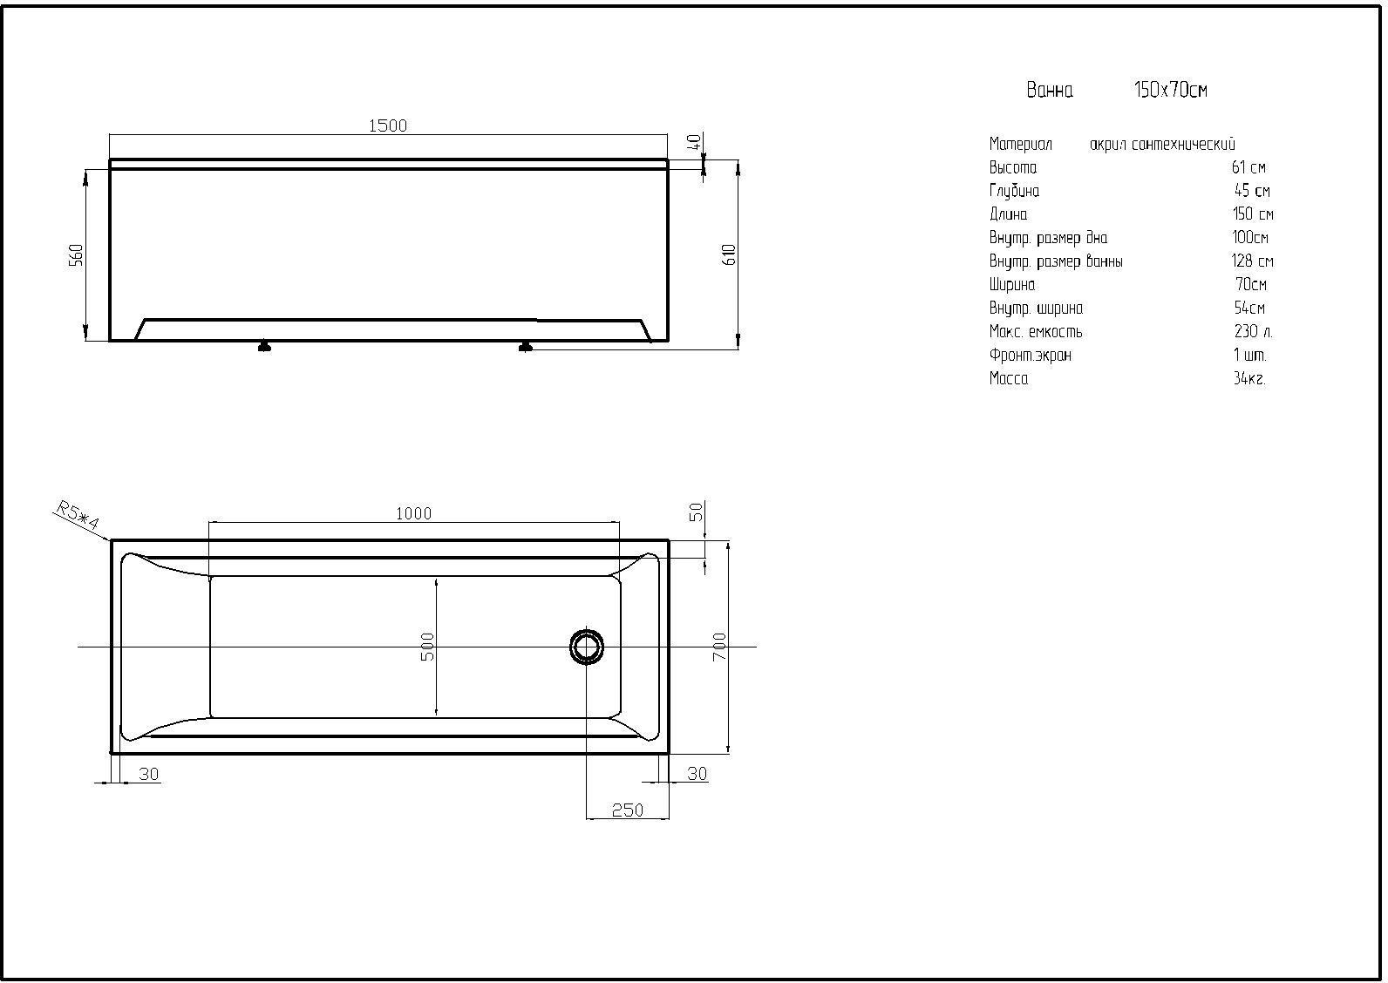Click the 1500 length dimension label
(x=388, y=125)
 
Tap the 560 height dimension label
(x=76, y=255)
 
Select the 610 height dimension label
(x=730, y=255)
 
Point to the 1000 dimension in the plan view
(x=413, y=513)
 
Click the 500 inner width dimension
(x=427, y=647)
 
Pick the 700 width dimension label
(x=719, y=647)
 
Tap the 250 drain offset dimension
(x=628, y=810)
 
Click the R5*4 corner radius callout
(x=78, y=516)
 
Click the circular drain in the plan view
(x=586, y=647)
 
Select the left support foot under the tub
(x=264, y=346)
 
